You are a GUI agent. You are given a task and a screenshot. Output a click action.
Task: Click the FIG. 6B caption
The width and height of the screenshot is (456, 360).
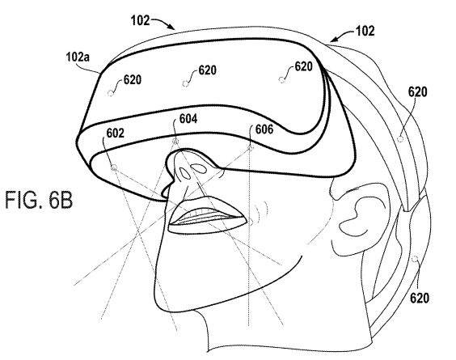[x=39, y=200]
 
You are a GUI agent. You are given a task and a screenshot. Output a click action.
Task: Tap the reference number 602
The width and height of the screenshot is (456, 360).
[x=115, y=133]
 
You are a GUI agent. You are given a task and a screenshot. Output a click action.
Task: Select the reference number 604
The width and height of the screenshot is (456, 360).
[x=188, y=119]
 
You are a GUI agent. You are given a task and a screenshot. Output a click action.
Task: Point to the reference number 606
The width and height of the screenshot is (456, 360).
[x=264, y=129]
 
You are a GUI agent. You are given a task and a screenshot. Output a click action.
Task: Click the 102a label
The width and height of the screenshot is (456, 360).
[x=78, y=57]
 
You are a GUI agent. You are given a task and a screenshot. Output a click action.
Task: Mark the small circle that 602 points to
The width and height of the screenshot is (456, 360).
[x=114, y=167]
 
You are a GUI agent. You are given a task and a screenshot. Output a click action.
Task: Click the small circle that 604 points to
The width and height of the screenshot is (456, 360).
[x=175, y=142]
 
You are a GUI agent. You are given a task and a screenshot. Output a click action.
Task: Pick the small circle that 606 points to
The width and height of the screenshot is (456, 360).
[x=251, y=149]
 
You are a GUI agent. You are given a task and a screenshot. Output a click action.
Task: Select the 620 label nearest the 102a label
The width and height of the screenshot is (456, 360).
[x=133, y=79]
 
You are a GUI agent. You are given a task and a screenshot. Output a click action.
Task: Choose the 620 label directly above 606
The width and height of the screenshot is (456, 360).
[x=303, y=66]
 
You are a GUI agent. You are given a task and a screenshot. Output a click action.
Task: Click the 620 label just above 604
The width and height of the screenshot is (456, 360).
[x=207, y=70]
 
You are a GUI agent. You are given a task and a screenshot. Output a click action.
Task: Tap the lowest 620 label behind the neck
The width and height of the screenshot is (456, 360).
[x=420, y=298]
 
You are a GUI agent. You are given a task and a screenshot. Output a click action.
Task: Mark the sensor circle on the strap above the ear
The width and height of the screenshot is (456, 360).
[x=400, y=138]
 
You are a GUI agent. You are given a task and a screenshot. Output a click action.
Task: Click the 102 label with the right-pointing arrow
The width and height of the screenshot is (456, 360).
[x=140, y=21]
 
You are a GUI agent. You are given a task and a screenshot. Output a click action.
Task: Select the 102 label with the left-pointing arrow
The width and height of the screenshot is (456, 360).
[x=365, y=31]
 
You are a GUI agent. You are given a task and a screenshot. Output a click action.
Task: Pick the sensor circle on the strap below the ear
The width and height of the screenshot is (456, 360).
[x=416, y=258]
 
